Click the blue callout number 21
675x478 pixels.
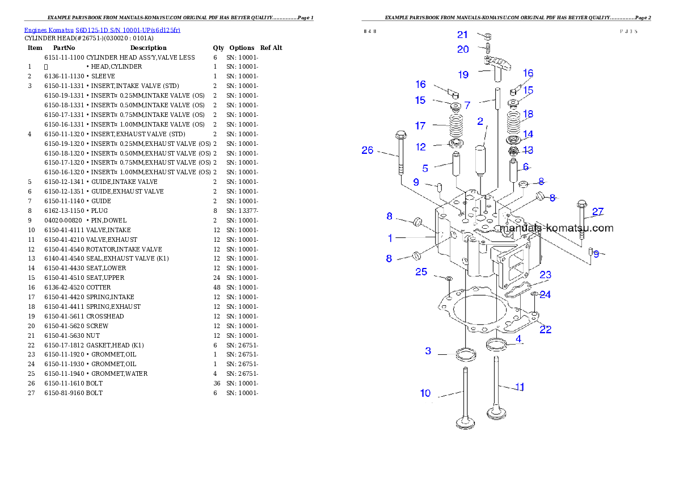[462, 35]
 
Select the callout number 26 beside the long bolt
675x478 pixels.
[368, 150]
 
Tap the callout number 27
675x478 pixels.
[598, 212]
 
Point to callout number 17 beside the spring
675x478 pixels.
[420, 125]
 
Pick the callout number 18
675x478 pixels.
[528, 114]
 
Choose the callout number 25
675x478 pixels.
[421, 272]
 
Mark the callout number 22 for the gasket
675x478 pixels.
[545, 329]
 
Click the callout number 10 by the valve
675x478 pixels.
[425, 393]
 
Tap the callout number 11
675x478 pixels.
[520, 387]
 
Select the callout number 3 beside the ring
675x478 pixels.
[428, 351]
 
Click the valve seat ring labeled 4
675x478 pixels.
[496, 343]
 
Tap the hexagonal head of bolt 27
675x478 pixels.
[581, 204]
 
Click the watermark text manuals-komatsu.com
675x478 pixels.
[556, 228]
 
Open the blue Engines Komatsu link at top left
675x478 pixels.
[102, 30]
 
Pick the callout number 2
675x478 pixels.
[480, 121]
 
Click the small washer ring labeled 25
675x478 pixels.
[449, 279]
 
